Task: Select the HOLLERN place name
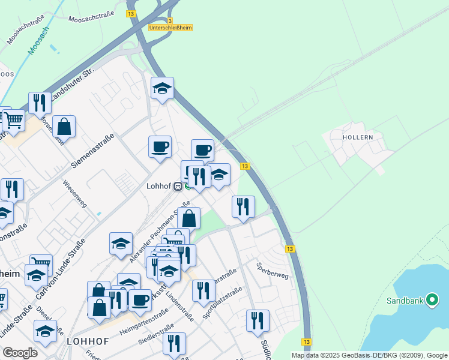point(358,137)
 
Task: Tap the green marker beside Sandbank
point(432,301)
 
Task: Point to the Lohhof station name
point(159,186)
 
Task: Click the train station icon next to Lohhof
point(178,186)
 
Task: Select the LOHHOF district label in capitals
point(88,341)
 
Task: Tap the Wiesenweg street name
point(75,195)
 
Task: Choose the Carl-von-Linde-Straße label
point(60,269)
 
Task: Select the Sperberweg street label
point(273,271)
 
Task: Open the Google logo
point(20,353)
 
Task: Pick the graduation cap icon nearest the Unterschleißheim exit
point(162,89)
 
